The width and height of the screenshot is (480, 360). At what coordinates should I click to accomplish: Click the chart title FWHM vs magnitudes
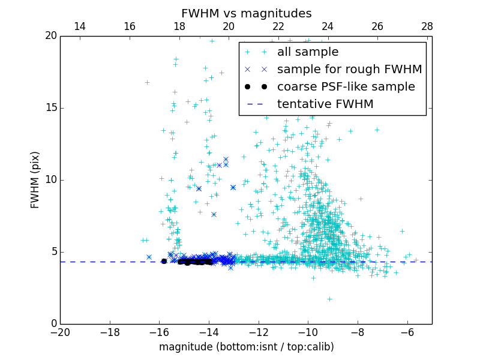pyautogui.click(x=246, y=13)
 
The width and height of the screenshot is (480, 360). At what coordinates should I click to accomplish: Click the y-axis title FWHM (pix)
pyautogui.click(x=35, y=179)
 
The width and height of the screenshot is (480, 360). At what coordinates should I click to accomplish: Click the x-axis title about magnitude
pyautogui.click(x=246, y=347)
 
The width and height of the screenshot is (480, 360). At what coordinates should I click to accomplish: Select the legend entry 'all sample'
pyautogui.click(x=308, y=52)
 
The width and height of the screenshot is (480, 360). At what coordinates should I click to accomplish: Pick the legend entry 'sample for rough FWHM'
pyautogui.click(x=349, y=69)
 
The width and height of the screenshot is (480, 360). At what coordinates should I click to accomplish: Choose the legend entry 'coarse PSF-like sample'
pyautogui.click(x=346, y=86)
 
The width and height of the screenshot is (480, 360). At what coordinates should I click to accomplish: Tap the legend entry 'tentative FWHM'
pyautogui.click(x=325, y=104)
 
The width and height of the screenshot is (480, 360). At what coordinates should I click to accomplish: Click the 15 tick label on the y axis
pyautogui.click(x=50, y=108)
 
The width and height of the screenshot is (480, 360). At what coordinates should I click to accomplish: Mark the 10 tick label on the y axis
pyautogui.click(x=50, y=180)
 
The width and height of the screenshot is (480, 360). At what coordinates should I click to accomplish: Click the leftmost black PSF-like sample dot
pyautogui.click(x=164, y=261)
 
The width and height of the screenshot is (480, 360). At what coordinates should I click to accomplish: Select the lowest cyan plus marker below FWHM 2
pyautogui.click(x=329, y=299)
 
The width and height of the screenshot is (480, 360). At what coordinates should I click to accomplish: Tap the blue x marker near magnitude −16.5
pyautogui.click(x=149, y=257)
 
